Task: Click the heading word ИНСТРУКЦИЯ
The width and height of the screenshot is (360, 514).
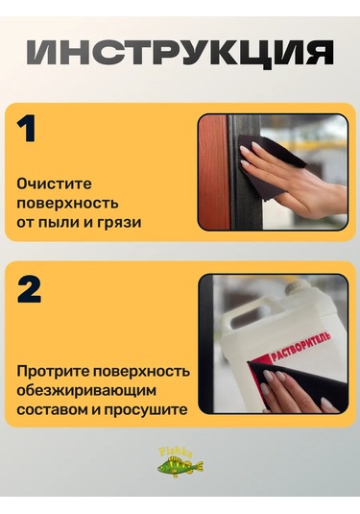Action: pos(180,54)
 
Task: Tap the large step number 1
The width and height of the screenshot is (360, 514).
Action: pos(26,129)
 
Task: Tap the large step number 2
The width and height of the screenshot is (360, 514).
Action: pos(29,289)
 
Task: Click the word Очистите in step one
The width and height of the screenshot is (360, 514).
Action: pos(54,184)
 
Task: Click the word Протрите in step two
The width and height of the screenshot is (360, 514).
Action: pos(53,372)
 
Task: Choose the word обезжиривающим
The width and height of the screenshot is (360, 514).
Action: pos(86,391)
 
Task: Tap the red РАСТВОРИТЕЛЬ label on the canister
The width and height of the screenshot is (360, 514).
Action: pos(301,347)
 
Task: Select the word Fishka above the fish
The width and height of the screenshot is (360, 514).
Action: pos(176,452)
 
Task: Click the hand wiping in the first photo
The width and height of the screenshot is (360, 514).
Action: pos(295,184)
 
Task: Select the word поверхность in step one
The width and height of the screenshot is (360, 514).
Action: pos(67,204)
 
